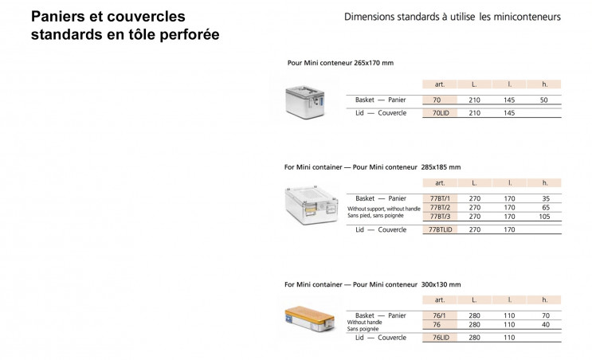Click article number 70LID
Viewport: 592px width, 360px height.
[x=440, y=113]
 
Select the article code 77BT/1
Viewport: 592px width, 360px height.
[x=440, y=198]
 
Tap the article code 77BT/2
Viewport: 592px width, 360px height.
[x=440, y=207]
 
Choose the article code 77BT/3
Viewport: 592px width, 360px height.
[x=440, y=216]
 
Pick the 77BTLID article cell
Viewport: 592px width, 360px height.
[x=440, y=229]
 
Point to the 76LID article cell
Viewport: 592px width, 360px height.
[x=440, y=338]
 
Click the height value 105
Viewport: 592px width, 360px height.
[x=544, y=216]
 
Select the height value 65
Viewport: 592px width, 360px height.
[x=544, y=207]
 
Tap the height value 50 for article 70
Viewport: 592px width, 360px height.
[x=544, y=100]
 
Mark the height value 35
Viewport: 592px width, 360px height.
[x=544, y=198]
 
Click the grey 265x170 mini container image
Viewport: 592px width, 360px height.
[x=306, y=100]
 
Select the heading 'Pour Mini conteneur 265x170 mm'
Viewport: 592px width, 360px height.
[x=340, y=63]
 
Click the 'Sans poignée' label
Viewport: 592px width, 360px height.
[x=363, y=328]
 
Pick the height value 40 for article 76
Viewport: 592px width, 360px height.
[x=544, y=324]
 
